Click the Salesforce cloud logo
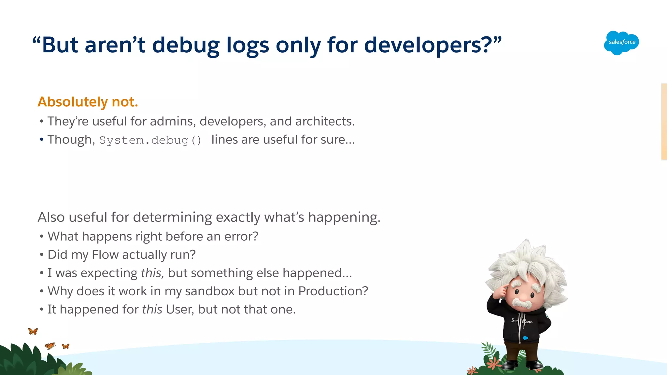click(621, 43)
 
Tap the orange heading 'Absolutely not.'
click(88, 102)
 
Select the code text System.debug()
click(150, 141)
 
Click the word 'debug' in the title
click(186, 45)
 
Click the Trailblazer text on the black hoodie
click(522, 321)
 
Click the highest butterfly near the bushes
click(33, 331)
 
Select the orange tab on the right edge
click(664, 121)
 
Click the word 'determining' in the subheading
click(173, 217)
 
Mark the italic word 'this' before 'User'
click(152, 309)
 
